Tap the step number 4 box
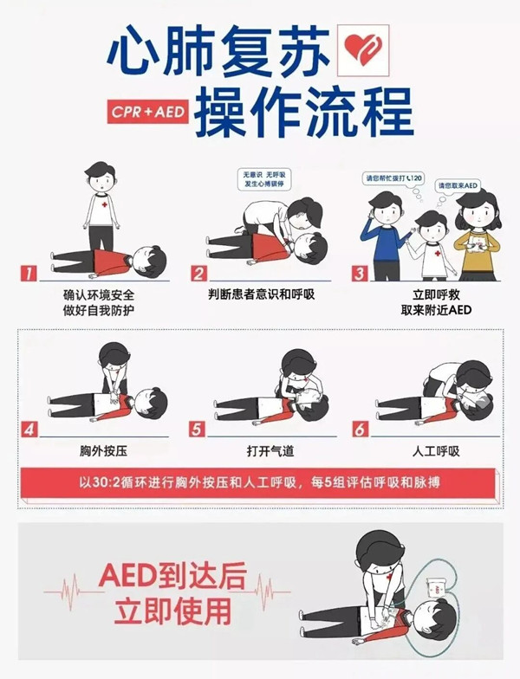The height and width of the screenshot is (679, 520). click(x=29, y=429)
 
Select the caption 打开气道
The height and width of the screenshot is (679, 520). click(x=259, y=451)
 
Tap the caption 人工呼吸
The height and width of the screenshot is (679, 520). click(x=424, y=451)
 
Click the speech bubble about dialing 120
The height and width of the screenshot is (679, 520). click(x=394, y=178)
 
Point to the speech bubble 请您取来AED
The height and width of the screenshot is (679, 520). click(x=458, y=185)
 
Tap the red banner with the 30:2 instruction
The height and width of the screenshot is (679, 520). click(x=259, y=481)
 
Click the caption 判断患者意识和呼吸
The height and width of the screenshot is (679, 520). click(x=259, y=295)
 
